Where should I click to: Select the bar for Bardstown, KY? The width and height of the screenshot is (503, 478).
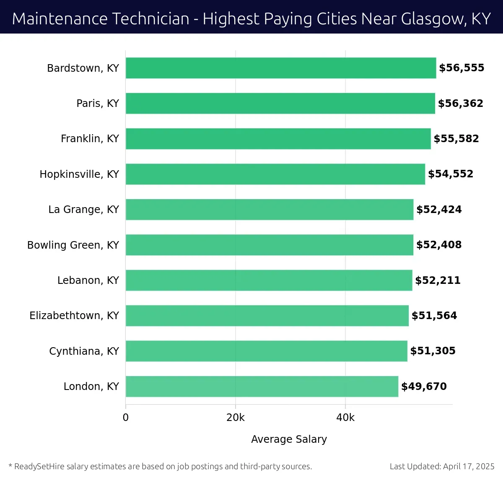coord(281,68)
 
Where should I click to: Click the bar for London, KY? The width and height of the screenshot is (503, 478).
coord(262,386)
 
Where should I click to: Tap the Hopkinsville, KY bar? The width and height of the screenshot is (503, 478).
coord(275,174)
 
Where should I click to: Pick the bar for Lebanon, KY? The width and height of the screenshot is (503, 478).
coord(269,280)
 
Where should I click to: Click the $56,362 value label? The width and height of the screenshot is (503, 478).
coord(460,103)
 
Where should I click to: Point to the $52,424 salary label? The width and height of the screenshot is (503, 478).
coord(439,209)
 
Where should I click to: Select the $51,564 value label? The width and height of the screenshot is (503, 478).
coord(434,315)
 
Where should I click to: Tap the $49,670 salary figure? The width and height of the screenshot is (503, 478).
coord(424,386)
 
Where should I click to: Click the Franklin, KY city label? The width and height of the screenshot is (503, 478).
coord(90,138)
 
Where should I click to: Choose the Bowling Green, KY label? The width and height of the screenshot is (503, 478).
coord(73,245)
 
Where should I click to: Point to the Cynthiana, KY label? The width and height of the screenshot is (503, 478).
coord(84,351)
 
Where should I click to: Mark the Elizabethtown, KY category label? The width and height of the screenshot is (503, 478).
coord(74,315)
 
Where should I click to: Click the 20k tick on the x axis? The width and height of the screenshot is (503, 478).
coord(236,418)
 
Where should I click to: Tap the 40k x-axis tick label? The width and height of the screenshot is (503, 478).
coord(345,418)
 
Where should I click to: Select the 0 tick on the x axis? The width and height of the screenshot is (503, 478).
coord(126,418)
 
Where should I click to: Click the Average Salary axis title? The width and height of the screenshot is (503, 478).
coord(289,439)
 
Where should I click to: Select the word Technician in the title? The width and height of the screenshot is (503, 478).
coord(153,19)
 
